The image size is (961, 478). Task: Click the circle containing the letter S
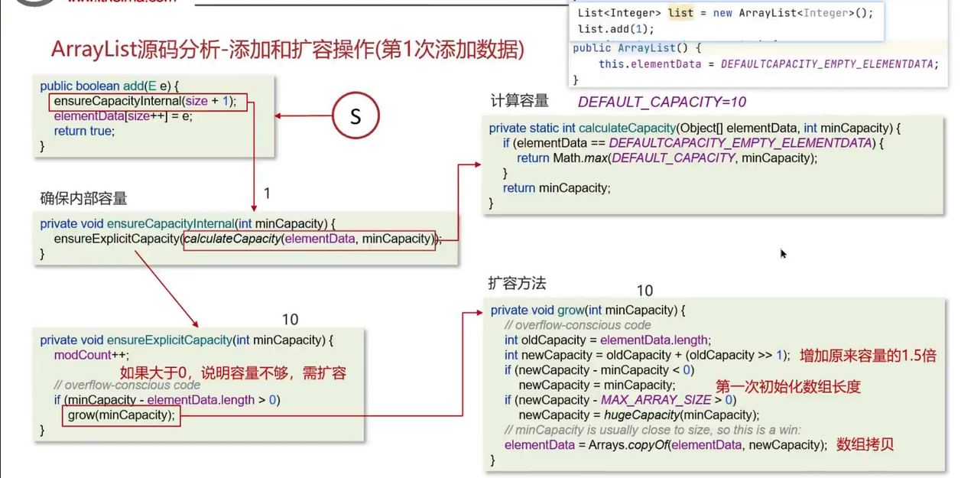point(356,115)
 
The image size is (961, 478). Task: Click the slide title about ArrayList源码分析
point(287,50)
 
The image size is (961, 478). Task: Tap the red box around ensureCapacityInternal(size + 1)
point(148,101)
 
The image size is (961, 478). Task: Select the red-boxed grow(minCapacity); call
point(121,415)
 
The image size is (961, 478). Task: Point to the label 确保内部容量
point(83,199)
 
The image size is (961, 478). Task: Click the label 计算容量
point(519,101)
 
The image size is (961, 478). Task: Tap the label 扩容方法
point(517,284)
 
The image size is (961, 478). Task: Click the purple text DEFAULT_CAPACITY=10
point(661,102)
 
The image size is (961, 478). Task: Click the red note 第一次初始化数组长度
point(787,387)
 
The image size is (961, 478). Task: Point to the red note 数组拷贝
point(865,444)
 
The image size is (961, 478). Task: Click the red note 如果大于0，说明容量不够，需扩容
point(233,373)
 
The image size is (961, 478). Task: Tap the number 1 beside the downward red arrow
point(267,194)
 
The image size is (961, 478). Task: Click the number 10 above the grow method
point(644,291)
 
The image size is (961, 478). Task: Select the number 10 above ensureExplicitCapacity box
point(290,320)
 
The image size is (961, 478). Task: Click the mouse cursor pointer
point(783,253)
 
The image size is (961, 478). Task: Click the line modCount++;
point(91,355)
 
